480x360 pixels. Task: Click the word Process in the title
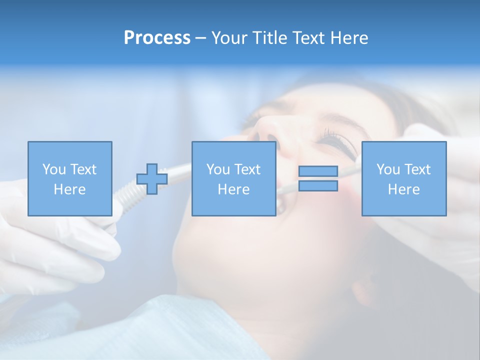[157, 37]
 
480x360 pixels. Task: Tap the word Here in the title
[349, 37]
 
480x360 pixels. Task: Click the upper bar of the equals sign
[318, 171]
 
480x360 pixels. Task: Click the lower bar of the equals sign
[318, 185]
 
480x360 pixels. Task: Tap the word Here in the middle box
[233, 189]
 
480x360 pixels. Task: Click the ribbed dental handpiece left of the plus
[125, 192]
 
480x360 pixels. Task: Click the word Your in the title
[230, 37]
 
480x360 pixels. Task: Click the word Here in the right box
[403, 189]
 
